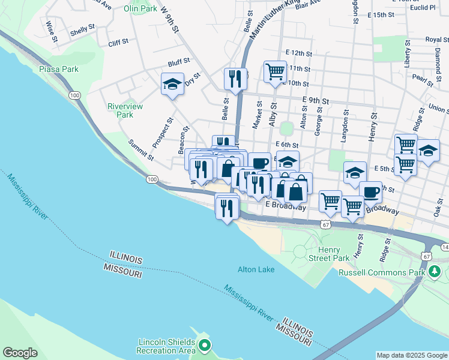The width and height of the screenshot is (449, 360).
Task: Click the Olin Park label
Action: [140, 9]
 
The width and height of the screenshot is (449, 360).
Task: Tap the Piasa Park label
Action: [59, 69]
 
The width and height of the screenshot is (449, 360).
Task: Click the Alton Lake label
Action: [256, 269]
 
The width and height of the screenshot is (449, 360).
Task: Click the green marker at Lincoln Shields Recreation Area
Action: [205, 346]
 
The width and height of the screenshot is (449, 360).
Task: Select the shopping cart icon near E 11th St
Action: [275, 71]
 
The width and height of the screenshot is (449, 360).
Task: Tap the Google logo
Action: [20, 353]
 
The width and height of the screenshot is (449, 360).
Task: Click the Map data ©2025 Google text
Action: [411, 355]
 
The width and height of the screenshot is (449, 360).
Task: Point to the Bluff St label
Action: [179, 61]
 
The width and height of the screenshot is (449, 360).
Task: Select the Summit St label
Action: [142, 151]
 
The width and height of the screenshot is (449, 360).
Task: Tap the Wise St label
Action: [51, 32]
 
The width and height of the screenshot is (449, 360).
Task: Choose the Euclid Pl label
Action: [424, 7]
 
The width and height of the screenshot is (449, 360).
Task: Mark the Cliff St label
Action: [118, 42]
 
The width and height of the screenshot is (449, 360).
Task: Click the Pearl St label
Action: [423, 79]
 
